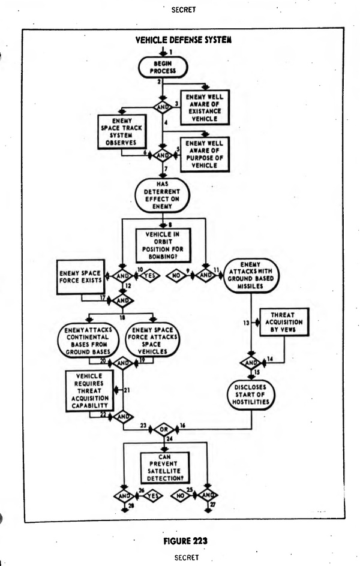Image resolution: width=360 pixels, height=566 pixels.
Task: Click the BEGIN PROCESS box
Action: click(163, 67)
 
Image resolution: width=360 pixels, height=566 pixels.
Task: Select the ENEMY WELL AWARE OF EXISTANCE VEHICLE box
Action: click(205, 107)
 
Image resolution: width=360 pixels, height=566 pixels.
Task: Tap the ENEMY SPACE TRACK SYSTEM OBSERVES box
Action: click(122, 132)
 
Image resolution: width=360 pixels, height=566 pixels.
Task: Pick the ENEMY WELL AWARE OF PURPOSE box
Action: click(205, 154)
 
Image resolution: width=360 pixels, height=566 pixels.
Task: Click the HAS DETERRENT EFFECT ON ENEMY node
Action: click(162, 195)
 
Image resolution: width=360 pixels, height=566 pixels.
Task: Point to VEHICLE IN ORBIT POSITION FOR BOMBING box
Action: click(163, 245)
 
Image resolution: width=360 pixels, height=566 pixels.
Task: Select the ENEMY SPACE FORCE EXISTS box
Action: click(80, 277)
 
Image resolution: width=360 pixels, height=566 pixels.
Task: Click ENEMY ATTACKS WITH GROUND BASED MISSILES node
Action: click(251, 275)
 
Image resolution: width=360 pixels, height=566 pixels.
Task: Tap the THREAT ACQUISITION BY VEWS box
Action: click(284, 322)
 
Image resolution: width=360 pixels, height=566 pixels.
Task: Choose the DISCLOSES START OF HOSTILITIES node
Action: click(251, 395)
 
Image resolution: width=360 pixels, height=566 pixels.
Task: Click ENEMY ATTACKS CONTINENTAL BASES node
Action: click(88, 341)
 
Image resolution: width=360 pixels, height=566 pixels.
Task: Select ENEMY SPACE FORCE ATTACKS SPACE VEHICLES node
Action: click(152, 341)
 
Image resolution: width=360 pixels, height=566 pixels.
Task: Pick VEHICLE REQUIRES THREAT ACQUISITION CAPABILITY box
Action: click(89, 391)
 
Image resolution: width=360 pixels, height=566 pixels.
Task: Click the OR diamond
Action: click(164, 429)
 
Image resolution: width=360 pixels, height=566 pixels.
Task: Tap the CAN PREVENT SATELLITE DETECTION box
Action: click(164, 468)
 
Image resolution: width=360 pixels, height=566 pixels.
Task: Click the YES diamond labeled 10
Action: click(149, 276)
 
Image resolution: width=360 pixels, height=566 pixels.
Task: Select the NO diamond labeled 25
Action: click(181, 496)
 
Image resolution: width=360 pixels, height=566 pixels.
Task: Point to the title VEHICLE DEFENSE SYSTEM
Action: click(184, 40)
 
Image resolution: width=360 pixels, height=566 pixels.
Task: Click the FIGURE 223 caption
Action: click(185, 541)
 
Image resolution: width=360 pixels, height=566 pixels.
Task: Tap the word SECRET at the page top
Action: click(184, 10)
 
